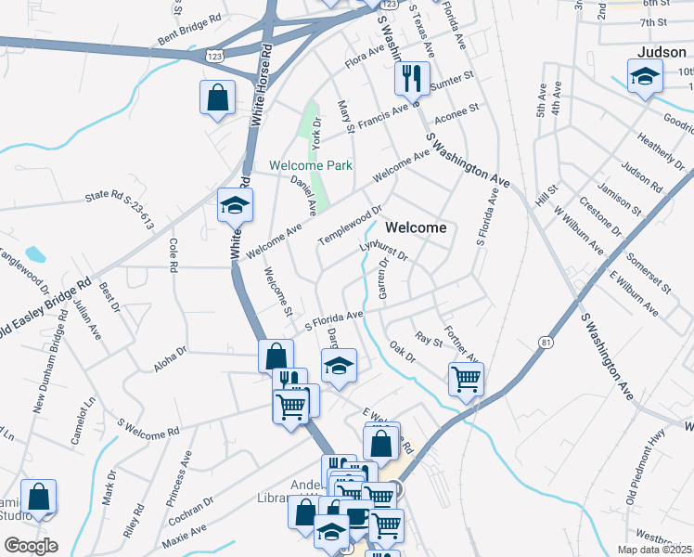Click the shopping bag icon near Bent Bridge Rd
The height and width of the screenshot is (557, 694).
(217, 97)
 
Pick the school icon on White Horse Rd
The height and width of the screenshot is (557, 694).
(236, 205)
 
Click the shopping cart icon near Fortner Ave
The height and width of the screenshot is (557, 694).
(466, 378)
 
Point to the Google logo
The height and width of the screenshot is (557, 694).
(31, 546)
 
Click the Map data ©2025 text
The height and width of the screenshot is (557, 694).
(653, 550)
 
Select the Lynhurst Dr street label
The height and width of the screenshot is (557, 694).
(383, 251)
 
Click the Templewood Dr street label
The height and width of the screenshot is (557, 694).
(350, 226)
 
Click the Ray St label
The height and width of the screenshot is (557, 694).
(430, 340)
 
